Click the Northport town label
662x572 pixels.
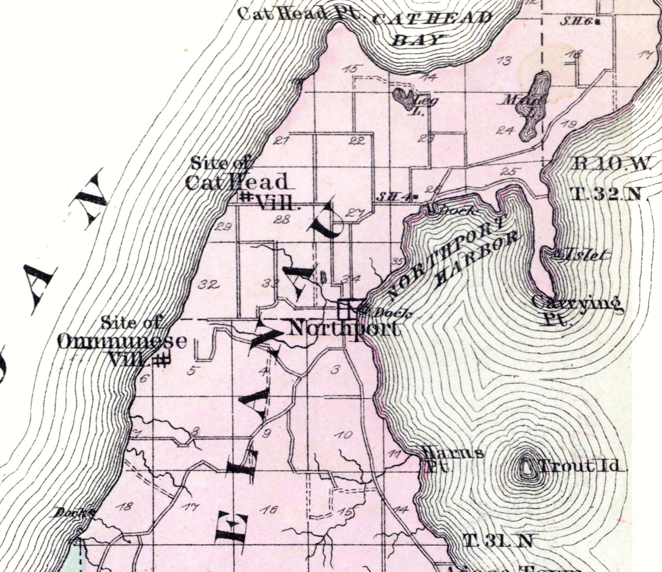tap(345, 329)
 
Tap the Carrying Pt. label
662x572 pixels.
tap(576, 309)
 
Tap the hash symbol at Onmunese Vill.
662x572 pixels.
tap(162, 360)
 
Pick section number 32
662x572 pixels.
tap(208, 284)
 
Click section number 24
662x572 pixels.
tap(506, 130)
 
